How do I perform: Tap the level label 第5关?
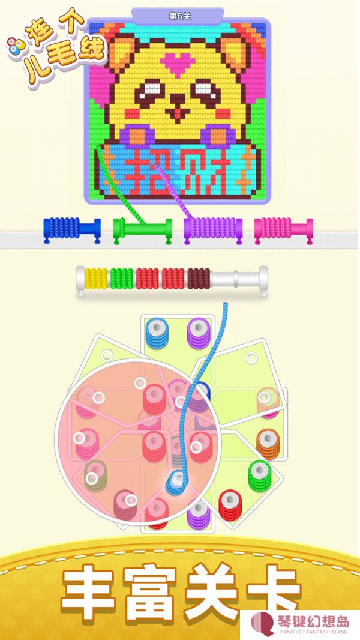coord(179,17)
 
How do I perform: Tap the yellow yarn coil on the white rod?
coord(96,279)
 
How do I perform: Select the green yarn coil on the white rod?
coord(121,279)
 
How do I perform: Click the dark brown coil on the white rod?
coord(199,279)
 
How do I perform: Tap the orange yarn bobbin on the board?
coord(268,444)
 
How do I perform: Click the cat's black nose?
coord(177,98)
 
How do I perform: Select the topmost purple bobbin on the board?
coord(199,333)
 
